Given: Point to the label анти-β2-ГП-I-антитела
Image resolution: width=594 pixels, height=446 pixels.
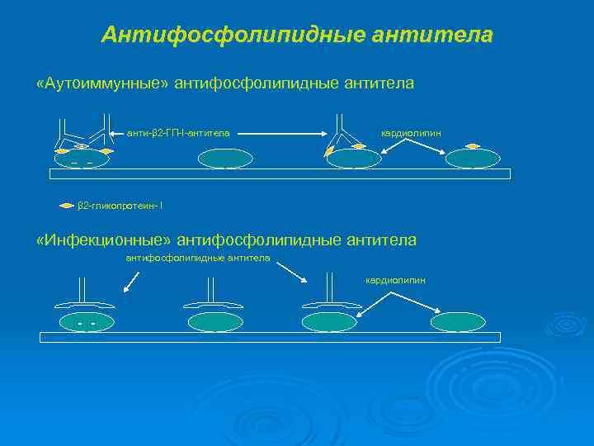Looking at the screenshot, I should [178, 132].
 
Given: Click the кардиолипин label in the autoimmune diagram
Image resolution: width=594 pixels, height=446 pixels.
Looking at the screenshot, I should [410, 132].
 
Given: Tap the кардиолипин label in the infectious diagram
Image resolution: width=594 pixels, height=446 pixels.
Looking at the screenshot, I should [395, 280].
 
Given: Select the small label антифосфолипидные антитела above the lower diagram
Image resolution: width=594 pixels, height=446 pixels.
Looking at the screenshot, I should [197, 258].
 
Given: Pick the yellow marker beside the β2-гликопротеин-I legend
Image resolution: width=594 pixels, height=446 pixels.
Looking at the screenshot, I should [68, 205].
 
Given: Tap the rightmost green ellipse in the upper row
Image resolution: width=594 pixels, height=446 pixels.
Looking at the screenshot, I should [472, 159].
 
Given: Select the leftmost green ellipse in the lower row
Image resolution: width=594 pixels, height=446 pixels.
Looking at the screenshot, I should [85, 322].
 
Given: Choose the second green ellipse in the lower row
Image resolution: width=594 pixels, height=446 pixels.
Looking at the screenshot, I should [214, 322].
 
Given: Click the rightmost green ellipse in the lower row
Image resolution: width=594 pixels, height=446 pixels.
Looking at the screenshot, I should [458, 322].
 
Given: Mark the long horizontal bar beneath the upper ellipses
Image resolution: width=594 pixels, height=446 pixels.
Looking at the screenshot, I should [280, 173].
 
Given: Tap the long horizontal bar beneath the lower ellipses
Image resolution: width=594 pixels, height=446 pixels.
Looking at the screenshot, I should [270, 337].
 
